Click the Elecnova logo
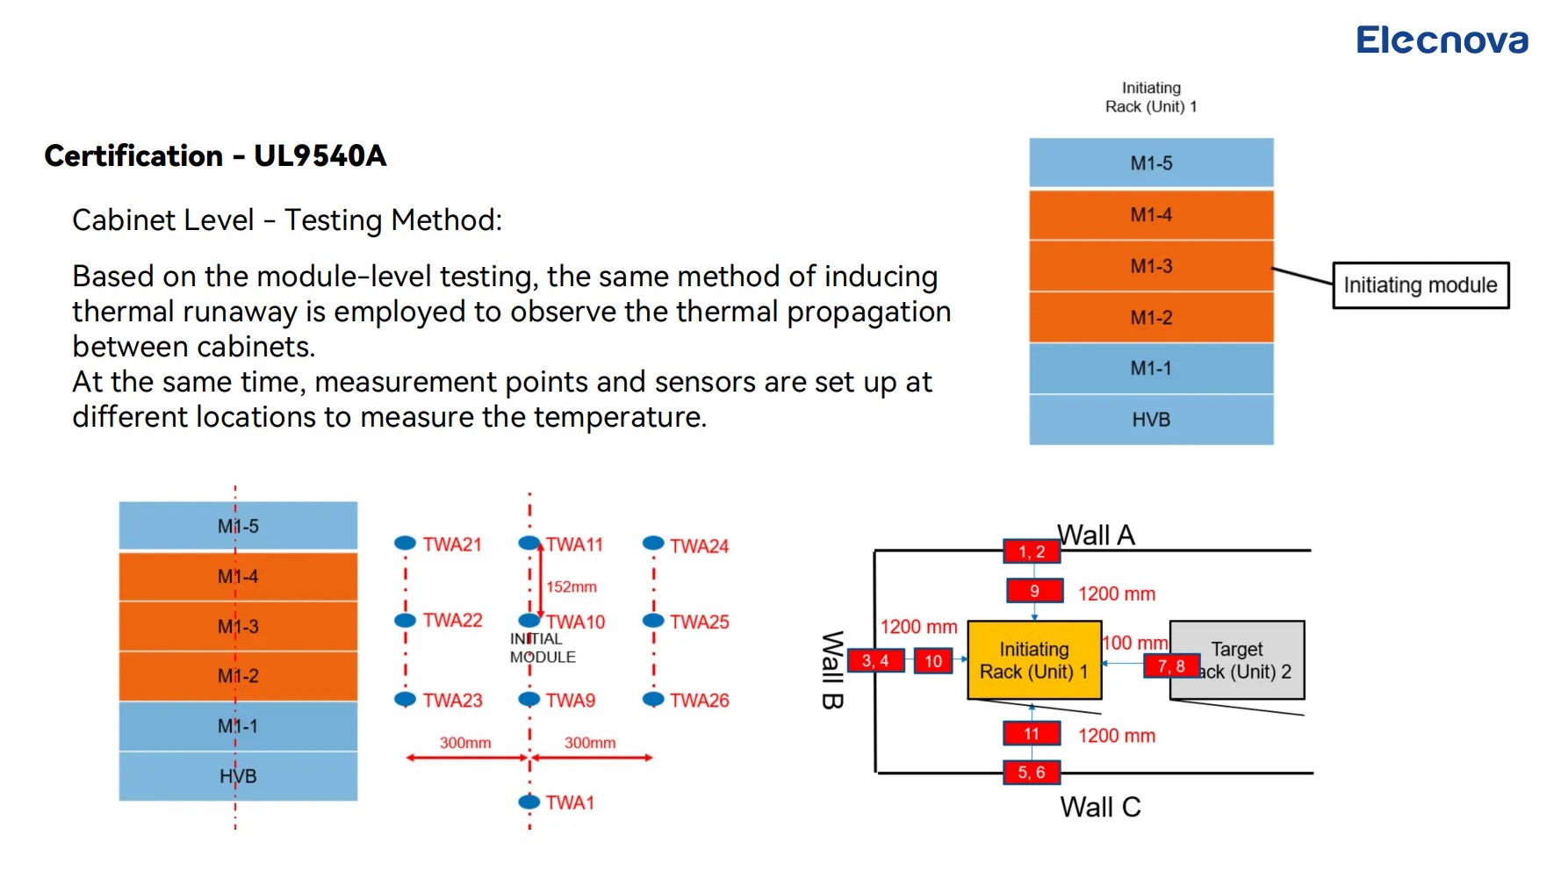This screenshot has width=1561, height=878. pyautogui.click(x=1442, y=40)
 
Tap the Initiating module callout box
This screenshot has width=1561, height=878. pyautogui.click(x=1421, y=285)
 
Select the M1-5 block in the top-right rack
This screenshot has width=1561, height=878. pyautogui.click(x=1151, y=162)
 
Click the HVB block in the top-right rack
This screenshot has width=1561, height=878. pyautogui.click(x=1151, y=420)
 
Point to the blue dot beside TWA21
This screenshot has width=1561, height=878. pyautogui.click(x=405, y=543)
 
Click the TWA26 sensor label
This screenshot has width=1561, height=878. pyautogui.click(x=699, y=701)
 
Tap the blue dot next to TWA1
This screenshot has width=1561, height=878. pyautogui.click(x=529, y=802)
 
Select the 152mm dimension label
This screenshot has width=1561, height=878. pyautogui.click(x=572, y=587)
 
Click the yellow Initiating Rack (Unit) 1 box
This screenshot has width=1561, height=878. pyautogui.click(x=1034, y=660)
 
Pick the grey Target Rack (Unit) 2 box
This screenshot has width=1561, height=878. pyautogui.click(x=1237, y=660)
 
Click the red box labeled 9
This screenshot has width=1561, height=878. pyautogui.click(x=1034, y=591)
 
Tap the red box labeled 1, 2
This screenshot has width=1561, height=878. pyautogui.click(x=1032, y=551)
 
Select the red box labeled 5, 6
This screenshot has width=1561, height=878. pyautogui.click(x=1032, y=773)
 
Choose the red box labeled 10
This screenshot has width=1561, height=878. pyautogui.click(x=933, y=661)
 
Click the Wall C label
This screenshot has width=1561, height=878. pyautogui.click(x=1100, y=807)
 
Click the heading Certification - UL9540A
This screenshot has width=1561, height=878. pyautogui.click(x=215, y=155)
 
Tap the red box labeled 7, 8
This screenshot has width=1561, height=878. pyautogui.click(x=1171, y=666)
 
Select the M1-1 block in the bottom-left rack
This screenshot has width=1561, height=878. pyautogui.click(x=238, y=726)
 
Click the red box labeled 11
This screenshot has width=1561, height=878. pyautogui.click(x=1032, y=733)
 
